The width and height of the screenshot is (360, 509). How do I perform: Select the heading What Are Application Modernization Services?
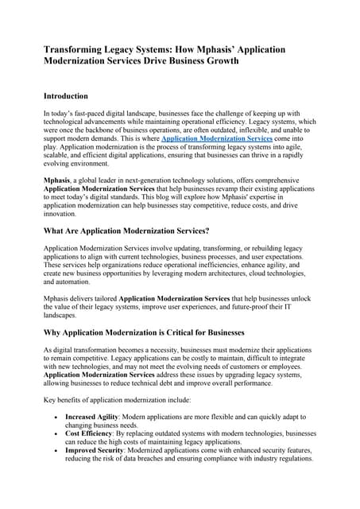[x=126, y=231]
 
